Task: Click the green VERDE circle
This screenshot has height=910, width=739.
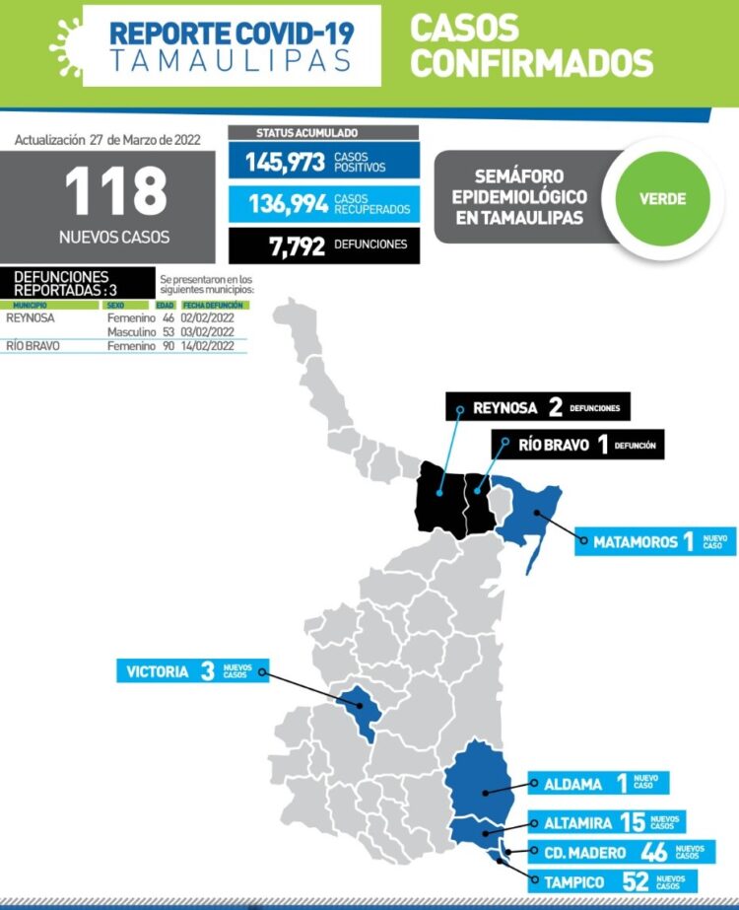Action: (x=661, y=199)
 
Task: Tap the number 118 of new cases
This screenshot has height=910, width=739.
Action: (x=116, y=190)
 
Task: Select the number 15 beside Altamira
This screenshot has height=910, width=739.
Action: (x=633, y=821)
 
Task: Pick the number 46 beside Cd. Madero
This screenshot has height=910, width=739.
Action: (x=653, y=852)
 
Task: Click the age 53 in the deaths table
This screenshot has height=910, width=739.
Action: (x=168, y=332)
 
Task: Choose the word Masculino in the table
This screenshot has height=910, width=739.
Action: (x=132, y=332)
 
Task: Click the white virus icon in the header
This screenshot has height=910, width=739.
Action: (x=66, y=44)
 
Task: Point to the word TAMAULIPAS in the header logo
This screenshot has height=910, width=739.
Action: (x=231, y=60)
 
